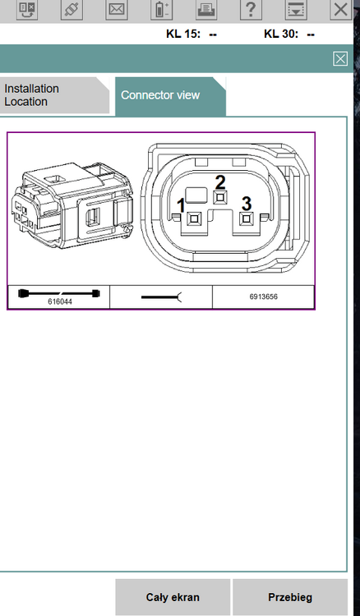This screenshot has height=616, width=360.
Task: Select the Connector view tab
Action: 170,96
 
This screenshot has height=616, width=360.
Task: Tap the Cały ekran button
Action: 173,597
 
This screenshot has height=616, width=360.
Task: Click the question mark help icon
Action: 251,9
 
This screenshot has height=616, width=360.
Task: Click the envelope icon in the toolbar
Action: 117,9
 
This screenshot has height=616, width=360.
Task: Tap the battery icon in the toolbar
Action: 161,9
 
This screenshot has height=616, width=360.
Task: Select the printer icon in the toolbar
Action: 206,9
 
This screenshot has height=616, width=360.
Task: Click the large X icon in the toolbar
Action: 340,9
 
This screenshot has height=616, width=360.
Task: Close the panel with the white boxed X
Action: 340,59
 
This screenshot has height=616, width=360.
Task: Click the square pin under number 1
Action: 195,218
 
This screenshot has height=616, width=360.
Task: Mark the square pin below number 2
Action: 220,197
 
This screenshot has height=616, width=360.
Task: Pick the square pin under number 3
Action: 246,218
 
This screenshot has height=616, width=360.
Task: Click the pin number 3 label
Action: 247,204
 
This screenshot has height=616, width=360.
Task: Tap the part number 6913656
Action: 263,297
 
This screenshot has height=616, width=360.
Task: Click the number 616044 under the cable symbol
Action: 60,301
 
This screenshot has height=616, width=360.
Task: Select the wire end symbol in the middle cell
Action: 161,297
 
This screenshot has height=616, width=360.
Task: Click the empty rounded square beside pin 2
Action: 196,195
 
